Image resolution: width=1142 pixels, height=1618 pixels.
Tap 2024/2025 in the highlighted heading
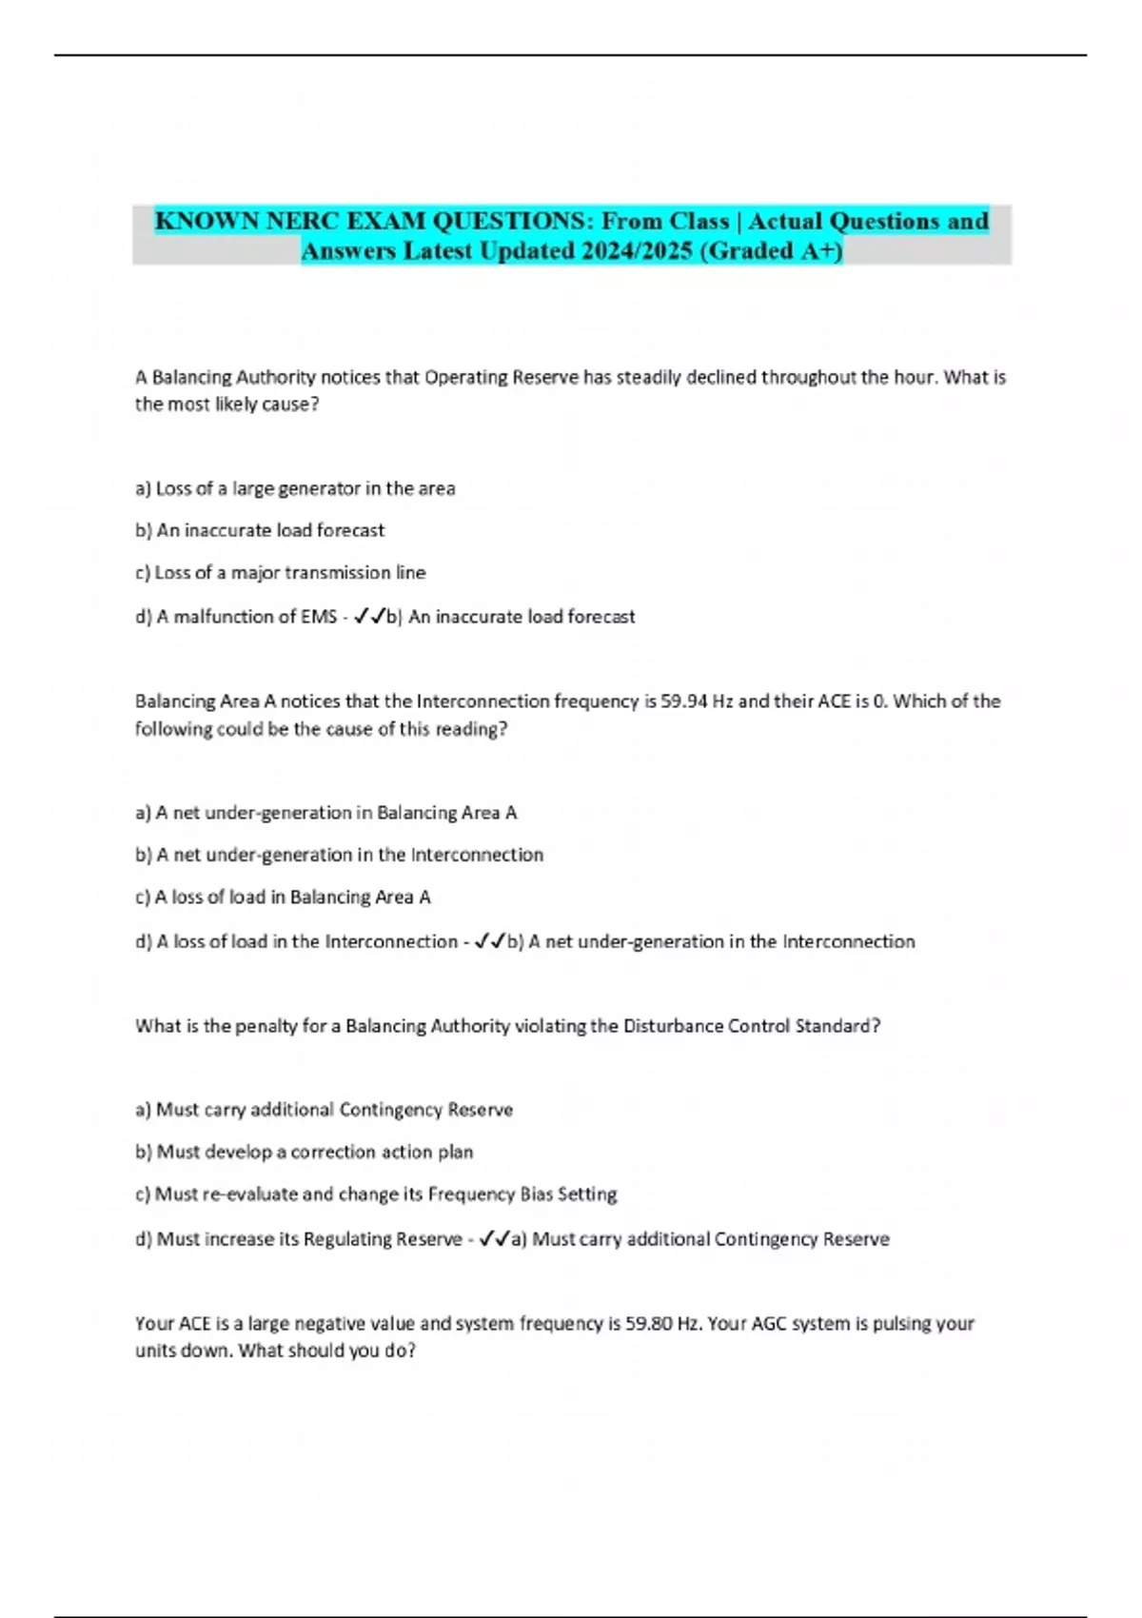point(631,251)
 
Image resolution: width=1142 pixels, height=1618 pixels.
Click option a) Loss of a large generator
point(295,488)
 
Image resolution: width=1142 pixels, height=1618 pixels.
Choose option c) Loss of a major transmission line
point(281,573)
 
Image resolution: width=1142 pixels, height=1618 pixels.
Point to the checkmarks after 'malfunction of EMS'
point(368,617)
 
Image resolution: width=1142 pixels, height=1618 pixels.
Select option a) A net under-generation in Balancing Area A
point(326,813)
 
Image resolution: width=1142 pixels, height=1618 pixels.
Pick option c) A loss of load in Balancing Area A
point(283,897)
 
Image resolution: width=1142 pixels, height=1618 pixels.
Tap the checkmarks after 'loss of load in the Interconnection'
point(489,941)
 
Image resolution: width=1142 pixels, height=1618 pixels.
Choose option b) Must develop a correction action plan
point(305,1152)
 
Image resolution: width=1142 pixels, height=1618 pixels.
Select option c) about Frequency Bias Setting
point(376,1194)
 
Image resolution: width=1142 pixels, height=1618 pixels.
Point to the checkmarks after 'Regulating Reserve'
point(494,1239)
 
